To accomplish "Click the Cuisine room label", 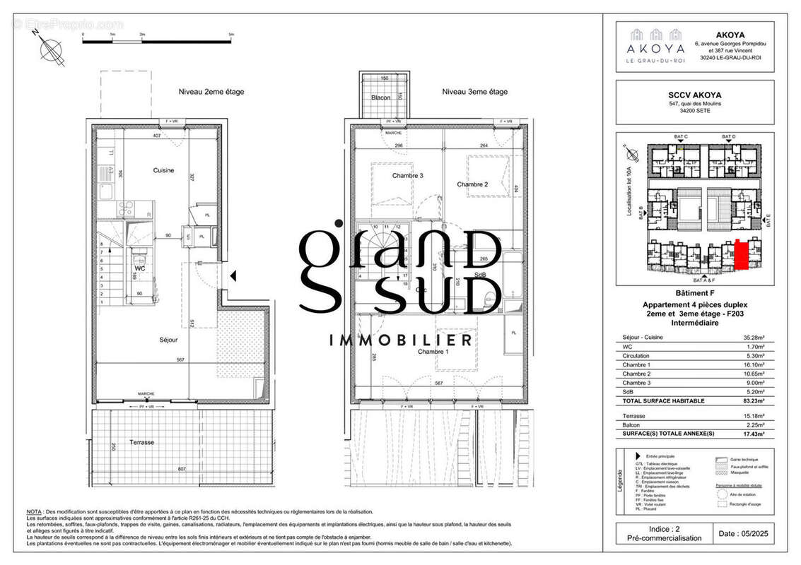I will coord(163,170).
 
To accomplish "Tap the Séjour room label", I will coord(168,340).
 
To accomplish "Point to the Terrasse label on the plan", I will coord(142,442).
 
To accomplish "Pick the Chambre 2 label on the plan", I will coord(473,184).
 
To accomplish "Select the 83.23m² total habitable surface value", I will coord(761,400).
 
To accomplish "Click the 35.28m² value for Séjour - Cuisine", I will coord(762,338).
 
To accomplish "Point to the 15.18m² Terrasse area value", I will coord(762,416).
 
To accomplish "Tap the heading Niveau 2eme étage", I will coord(204,92).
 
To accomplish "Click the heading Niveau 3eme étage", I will coord(474,92).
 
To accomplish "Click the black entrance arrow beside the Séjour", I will coord(233,277).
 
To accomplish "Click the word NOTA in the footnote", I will coord(34,511).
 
